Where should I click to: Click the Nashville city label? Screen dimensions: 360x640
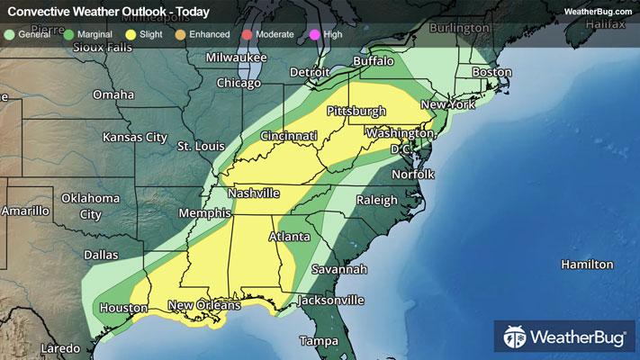click(254, 193)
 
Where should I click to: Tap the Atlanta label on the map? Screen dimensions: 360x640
click(290, 238)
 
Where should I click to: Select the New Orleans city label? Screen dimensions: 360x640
click(203, 306)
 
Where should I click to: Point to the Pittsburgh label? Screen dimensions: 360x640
click(356, 111)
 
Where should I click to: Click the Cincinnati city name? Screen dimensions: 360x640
click(289, 136)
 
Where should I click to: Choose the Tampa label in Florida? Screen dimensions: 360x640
click(320, 341)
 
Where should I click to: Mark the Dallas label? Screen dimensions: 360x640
click(101, 255)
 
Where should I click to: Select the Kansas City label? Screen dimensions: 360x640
click(135, 138)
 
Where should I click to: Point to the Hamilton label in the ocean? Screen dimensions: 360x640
click(587, 265)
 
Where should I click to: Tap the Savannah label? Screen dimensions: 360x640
click(339, 270)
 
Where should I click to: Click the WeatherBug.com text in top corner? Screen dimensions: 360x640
click(598, 11)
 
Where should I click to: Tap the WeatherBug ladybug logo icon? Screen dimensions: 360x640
click(516, 337)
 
